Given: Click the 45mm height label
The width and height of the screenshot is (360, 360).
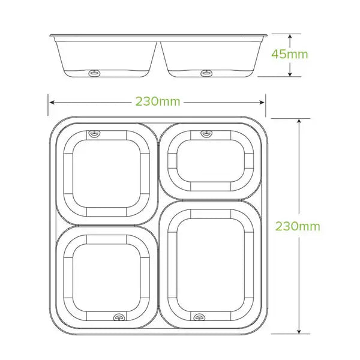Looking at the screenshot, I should point(290,54).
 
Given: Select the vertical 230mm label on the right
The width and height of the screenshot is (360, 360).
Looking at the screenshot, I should point(298,226).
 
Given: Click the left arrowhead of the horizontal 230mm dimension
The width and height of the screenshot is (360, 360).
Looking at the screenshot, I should point(51,101).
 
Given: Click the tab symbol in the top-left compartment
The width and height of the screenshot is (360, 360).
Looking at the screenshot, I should point(92,133).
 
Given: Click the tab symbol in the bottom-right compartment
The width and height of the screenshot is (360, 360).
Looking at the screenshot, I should point(198,316).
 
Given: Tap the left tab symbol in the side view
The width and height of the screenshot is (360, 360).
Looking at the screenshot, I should point(93,73).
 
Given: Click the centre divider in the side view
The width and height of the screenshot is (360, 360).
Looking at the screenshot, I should point(160,54).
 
